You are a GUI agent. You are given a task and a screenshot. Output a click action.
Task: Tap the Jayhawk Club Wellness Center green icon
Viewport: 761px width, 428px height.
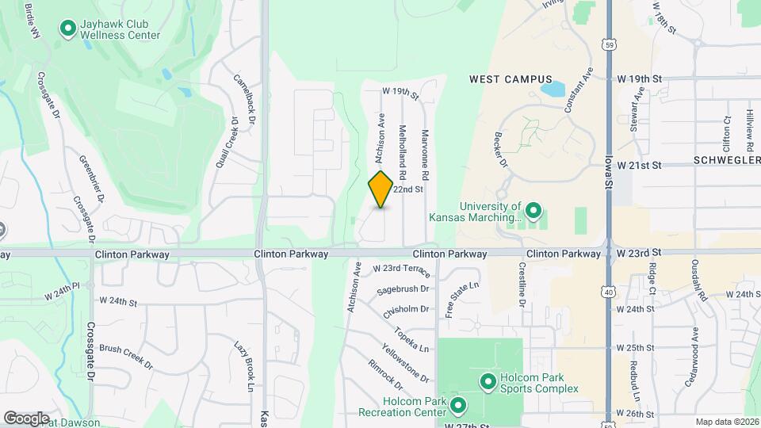pyautogui.click(x=68, y=29)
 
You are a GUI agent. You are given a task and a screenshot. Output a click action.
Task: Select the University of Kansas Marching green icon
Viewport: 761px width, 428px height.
pyautogui.click(x=533, y=211)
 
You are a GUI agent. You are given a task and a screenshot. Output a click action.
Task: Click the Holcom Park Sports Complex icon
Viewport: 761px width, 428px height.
pyautogui.click(x=489, y=383)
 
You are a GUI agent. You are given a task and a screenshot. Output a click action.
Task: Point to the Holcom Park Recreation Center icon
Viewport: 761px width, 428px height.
pyautogui.click(x=457, y=407)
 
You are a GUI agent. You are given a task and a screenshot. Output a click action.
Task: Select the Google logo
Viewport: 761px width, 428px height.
pyautogui.click(x=26, y=418)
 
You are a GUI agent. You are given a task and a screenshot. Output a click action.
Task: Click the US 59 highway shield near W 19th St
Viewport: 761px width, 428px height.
pyautogui.click(x=607, y=44)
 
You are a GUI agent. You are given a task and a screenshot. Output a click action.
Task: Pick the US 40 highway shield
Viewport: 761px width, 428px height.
pyautogui.click(x=607, y=292)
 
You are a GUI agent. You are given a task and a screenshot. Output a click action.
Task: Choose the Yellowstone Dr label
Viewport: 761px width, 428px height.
pyautogui.click(x=405, y=363)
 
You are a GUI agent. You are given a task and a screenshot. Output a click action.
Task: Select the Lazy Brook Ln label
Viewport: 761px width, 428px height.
pyautogui.click(x=243, y=365)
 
